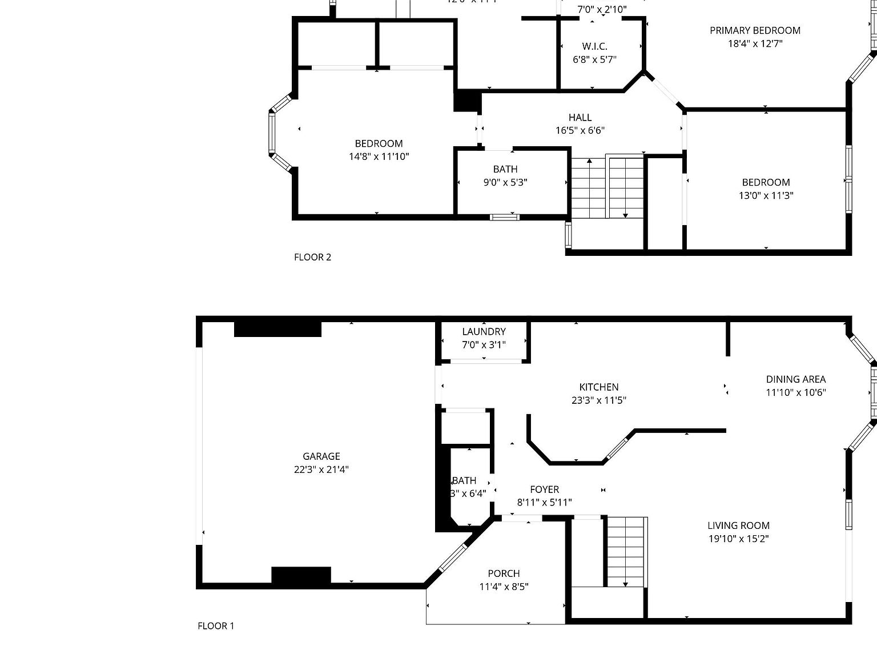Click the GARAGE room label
[321, 456]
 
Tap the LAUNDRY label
[484, 331]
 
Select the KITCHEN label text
[598, 387]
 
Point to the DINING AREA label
[795, 379]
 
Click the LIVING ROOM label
[738, 525]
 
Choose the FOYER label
[544, 490]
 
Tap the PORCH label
[504, 573]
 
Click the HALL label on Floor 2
[580, 118]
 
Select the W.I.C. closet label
[594, 46]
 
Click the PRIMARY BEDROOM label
[755, 30]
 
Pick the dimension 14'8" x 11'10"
[379, 157]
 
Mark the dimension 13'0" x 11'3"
[766, 195]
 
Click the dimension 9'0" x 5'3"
[505, 183]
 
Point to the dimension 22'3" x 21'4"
[321, 470]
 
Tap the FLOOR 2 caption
[312, 257]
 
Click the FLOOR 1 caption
[216, 626]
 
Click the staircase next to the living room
[626, 551]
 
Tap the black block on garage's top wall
[277, 330]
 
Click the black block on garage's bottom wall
[301, 575]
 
